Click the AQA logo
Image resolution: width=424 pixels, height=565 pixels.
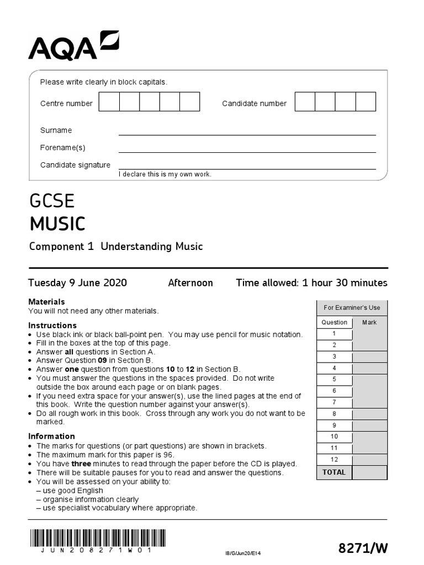pos(73,46)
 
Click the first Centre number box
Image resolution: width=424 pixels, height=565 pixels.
pos(109,102)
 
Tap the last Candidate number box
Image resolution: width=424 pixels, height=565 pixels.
pos(365,102)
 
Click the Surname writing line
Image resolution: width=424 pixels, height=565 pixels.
pos(247,131)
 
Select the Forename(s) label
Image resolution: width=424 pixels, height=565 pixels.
pos(62,148)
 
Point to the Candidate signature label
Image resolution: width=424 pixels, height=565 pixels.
pos(75,165)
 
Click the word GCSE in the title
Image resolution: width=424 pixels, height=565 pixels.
pos(52,201)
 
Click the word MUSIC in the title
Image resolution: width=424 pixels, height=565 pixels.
pos(57,224)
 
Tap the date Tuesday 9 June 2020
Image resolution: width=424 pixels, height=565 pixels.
pos(77,283)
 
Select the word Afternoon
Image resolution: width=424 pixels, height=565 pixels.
pos(190,283)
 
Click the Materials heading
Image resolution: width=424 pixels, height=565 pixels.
pos(46,302)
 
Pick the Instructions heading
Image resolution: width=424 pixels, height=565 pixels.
pos(52,326)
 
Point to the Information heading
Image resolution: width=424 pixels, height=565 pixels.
pos(51,436)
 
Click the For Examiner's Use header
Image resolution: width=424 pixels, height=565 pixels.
pos(352,308)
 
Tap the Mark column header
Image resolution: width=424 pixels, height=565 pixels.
pos(369,322)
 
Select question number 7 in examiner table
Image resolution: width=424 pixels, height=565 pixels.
pos(334,402)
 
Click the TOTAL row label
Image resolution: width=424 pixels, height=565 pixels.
pos(334,472)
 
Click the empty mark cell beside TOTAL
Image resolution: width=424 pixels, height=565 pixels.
pos(369,472)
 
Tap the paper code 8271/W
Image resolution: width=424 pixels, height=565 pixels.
pos(363,548)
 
